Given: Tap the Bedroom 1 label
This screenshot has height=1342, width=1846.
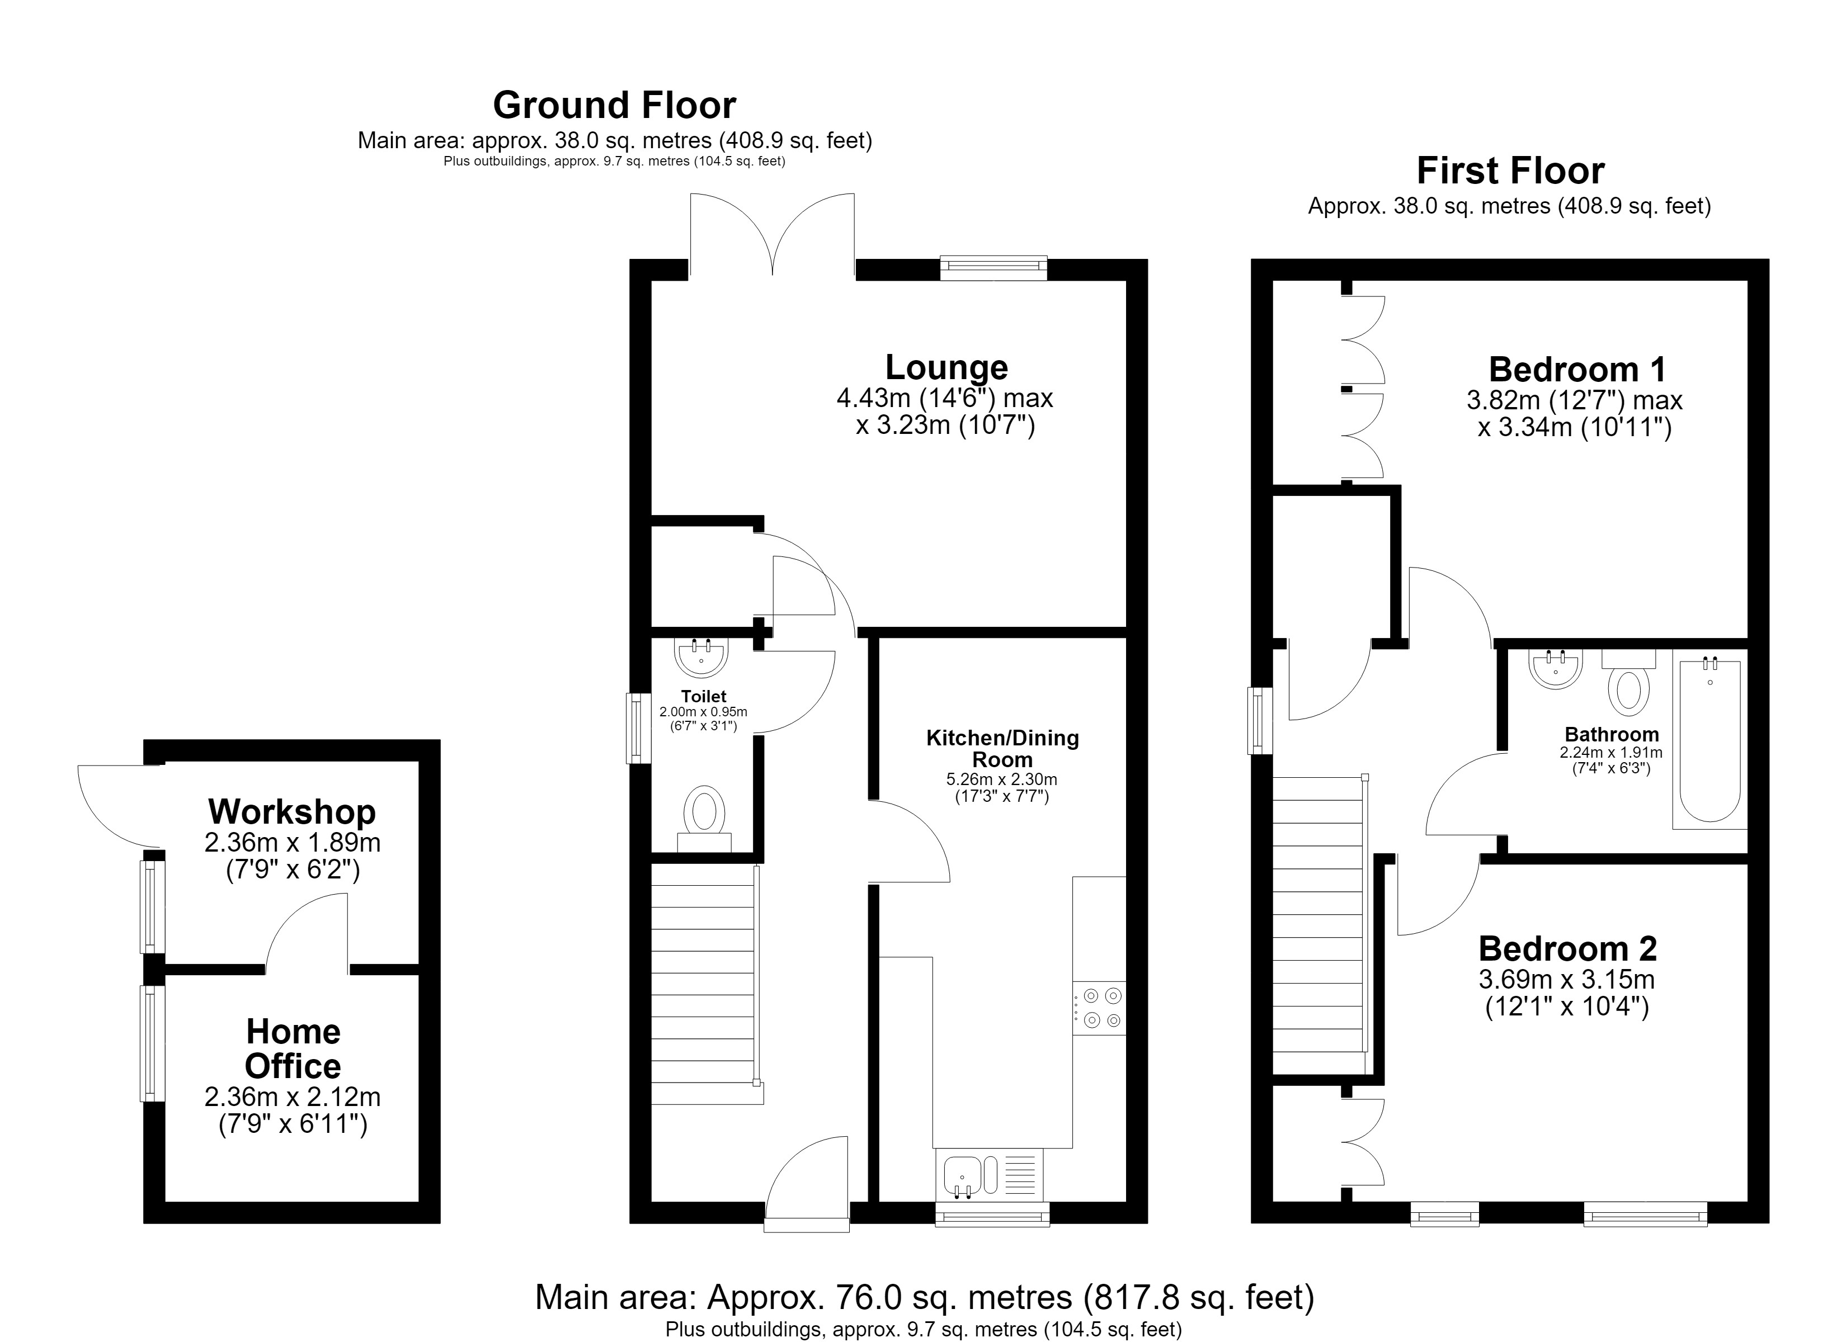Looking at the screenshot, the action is pos(1576,370).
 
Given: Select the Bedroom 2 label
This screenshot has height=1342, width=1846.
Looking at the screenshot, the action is pos(1567,949).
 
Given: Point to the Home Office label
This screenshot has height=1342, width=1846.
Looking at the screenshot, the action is pos(293,1048).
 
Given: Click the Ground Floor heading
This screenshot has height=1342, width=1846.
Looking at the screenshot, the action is pos(615,105).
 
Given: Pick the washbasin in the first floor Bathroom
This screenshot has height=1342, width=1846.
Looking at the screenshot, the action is pos(1556,669).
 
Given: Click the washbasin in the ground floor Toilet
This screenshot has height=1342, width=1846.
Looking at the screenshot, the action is pos(701,658).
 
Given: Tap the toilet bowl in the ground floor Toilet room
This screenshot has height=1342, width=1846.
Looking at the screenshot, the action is pos(705,819).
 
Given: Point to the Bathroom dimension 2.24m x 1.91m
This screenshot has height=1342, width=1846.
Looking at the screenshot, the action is pos(1610,753).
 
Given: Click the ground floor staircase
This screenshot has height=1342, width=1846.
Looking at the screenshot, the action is pos(707,984).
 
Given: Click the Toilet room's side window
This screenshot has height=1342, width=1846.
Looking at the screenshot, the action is pos(639,727).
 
